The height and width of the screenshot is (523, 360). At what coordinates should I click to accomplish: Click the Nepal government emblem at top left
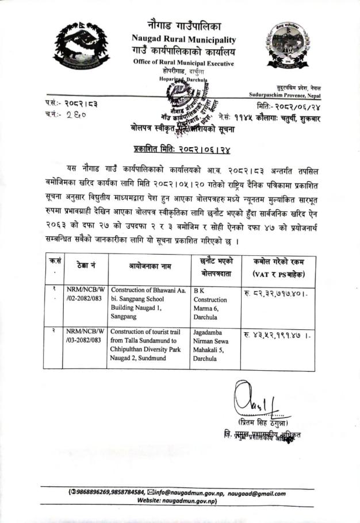tap(81, 44)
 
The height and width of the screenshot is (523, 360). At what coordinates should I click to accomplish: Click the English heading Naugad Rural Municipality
tap(183, 39)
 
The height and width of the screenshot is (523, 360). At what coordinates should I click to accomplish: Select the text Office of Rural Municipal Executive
tap(183, 62)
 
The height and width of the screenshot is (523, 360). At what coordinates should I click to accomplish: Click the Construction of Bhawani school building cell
tap(148, 303)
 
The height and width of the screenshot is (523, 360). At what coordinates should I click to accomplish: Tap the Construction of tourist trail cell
tap(148, 345)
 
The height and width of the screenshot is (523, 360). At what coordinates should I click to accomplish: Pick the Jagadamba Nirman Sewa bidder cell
tap(213, 345)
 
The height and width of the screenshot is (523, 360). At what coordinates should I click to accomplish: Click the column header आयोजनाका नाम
tap(148, 267)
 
